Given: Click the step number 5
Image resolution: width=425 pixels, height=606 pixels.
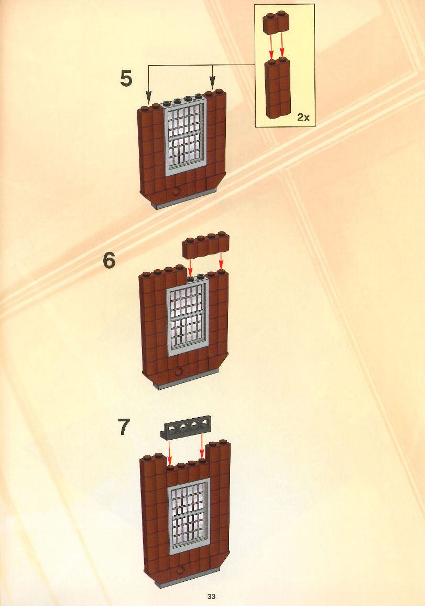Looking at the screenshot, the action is pos(126,78).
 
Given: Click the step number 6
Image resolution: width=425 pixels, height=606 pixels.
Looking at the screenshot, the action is pos(109,260).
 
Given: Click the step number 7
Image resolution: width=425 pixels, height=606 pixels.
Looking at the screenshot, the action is pos(124,427).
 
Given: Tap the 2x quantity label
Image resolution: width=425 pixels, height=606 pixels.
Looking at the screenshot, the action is pos(303,118).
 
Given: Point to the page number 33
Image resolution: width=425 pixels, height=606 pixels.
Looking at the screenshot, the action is pos(211,597).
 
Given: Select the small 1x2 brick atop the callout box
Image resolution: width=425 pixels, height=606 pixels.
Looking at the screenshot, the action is pos(276,23).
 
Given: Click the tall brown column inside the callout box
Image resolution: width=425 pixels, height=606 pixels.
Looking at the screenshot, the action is pos(278,88).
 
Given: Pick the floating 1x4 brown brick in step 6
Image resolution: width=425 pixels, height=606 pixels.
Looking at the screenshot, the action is pos(206,245).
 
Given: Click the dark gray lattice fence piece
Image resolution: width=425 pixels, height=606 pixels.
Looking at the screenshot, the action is pos(186,428).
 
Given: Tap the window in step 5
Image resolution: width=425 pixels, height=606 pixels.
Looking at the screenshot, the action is pos(186,137).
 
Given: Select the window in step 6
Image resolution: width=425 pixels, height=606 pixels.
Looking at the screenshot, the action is pos(188,317).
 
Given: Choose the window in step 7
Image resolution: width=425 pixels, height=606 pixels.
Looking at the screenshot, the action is pos(189,516).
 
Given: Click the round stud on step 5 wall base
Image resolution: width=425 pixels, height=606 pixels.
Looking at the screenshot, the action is pos(177,192).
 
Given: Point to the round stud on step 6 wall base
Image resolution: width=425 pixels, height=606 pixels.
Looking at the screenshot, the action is pos(178,372).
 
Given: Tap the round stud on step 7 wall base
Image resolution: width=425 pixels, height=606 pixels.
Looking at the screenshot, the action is pos(180,570).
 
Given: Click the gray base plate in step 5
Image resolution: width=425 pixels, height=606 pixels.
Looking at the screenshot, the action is pos(184,200).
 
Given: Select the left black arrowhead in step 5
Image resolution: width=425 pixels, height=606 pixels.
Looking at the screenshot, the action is pos(149,98).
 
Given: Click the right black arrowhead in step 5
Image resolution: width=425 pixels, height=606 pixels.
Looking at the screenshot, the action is pos(212,83).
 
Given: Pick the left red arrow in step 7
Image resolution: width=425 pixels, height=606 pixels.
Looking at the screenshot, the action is pos(170,453).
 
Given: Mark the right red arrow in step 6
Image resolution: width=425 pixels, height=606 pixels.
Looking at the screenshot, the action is pos(221,261).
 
